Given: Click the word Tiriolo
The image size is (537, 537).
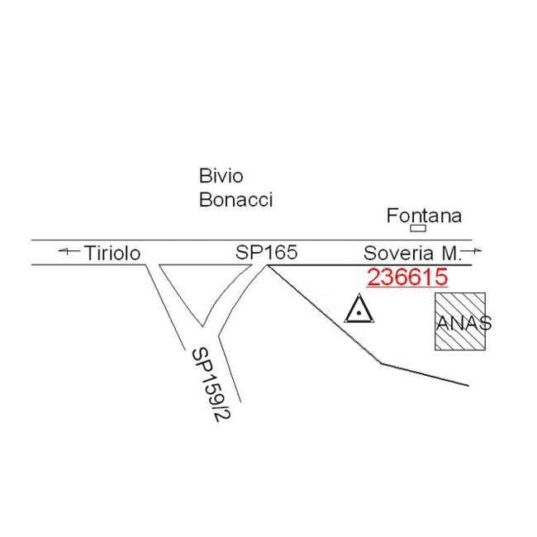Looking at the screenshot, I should [112, 253].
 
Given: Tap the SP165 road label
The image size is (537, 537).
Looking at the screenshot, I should [266, 253].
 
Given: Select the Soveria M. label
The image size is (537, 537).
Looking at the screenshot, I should [411, 253].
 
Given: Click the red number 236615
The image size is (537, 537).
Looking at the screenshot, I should [407, 278].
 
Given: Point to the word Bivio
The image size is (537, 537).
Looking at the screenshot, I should [221, 176].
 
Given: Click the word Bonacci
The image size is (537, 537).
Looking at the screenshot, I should [235, 200].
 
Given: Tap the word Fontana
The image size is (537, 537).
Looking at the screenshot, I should [424, 216].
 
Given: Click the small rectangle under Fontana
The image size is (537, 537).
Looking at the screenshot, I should [418, 229].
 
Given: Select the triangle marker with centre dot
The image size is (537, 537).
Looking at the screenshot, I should [359, 311].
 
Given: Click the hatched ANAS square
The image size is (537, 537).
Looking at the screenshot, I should [460, 321].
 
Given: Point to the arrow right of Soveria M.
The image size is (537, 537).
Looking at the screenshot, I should [473, 249].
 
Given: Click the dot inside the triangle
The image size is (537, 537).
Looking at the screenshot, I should [359, 314].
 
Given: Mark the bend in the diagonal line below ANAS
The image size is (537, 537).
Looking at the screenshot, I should [380, 362].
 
